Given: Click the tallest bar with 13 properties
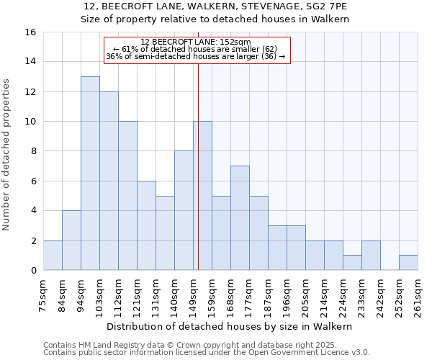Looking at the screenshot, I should (x=90, y=173).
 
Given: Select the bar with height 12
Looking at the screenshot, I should (x=109, y=181).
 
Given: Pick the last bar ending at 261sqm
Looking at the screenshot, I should (x=408, y=263).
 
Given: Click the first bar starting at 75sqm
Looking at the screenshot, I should (x=53, y=256).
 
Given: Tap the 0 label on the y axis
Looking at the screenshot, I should (x=33, y=271).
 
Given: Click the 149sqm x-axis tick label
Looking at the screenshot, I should (x=193, y=293).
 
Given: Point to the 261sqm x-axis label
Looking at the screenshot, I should (x=418, y=293).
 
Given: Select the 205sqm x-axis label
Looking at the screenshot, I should (x=305, y=293).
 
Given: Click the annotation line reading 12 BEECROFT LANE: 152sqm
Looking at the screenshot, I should (x=196, y=42).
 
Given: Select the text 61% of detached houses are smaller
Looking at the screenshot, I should (x=196, y=49).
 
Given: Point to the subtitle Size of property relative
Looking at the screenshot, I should (x=215, y=19).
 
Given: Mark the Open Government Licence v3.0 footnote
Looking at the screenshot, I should (x=207, y=353).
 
